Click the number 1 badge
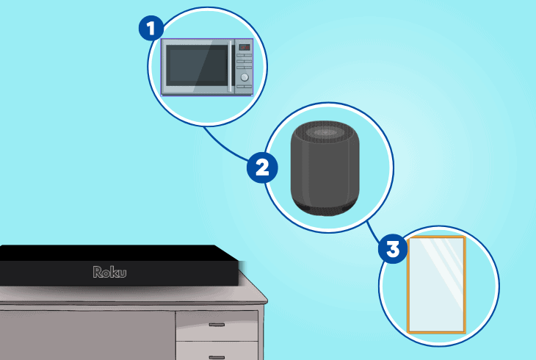(x=151, y=28)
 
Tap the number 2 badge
(x=262, y=168)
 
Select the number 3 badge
(x=393, y=248)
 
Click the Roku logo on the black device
(x=109, y=272)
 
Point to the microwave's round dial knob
(x=245, y=77)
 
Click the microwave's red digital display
(x=244, y=47)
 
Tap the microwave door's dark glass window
(x=197, y=65)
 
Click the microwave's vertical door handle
(x=231, y=66)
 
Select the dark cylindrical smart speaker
(x=325, y=168)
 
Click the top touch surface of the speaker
(x=324, y=132)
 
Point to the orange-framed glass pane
(x=437, y=285)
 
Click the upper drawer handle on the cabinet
(x=217, y=325)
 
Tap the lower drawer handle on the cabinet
(x=217, y=358)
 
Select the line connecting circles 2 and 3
(x=373, y=233)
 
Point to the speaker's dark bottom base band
(x=325, y=207)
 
